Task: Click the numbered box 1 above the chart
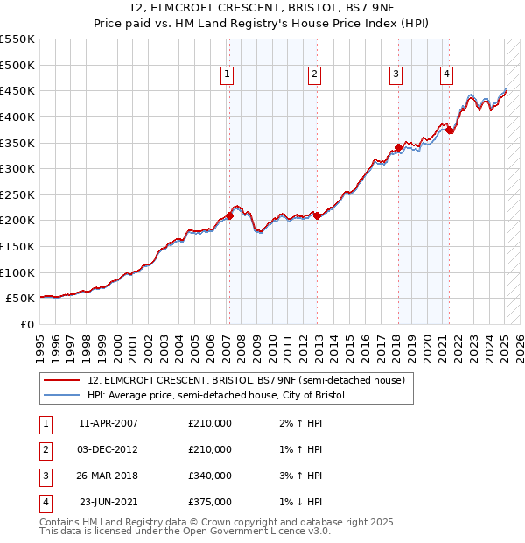227,75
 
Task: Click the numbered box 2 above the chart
313,75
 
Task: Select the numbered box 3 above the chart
396,75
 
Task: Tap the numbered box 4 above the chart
446,75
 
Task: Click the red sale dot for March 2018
398,148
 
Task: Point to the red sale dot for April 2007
229,215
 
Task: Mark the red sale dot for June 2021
449,130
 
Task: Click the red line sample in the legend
61,381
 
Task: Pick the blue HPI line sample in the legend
61,396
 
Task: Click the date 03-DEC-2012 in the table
108,449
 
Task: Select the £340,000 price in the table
210,476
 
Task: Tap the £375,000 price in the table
210,503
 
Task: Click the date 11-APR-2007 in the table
108,423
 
